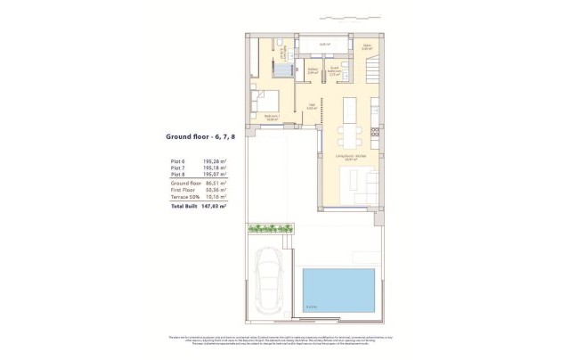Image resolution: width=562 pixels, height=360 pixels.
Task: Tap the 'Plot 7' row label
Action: [178, 168]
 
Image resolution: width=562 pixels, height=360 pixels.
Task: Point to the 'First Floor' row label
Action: [182, 191]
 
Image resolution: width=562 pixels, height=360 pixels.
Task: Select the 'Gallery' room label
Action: [313, 71]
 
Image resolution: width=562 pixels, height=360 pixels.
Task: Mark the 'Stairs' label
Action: [367, 49]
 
